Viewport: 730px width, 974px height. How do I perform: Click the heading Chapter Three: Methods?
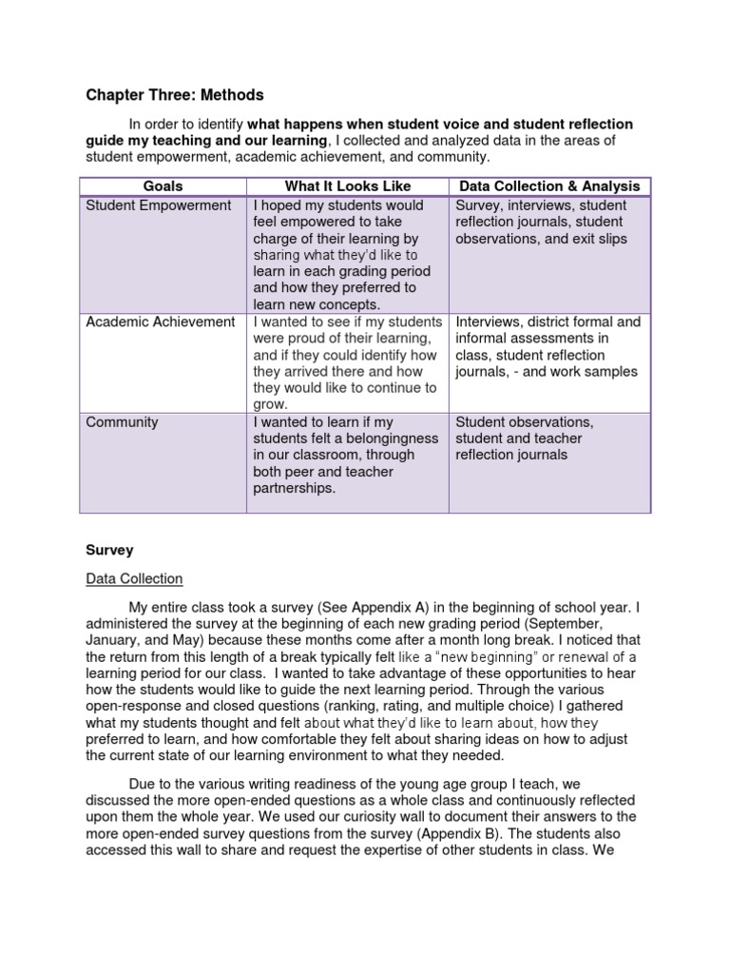(x=175, y=95)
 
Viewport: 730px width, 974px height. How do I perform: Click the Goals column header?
(x=163, y=186)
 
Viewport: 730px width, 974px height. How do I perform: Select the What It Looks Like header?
(x=347, y=186)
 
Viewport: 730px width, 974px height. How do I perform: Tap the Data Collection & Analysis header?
(x=549, y=186)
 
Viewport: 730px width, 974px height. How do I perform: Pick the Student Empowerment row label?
(x=159, y=205)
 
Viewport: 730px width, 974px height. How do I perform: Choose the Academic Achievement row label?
(x=161, y=321)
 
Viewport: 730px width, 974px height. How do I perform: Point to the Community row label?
(x=123, y=421)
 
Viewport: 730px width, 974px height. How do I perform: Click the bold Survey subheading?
(x=109, y=550)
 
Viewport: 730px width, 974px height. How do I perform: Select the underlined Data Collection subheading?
(x=134, y=579)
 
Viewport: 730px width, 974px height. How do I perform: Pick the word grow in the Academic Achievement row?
(x=270, y=404)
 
